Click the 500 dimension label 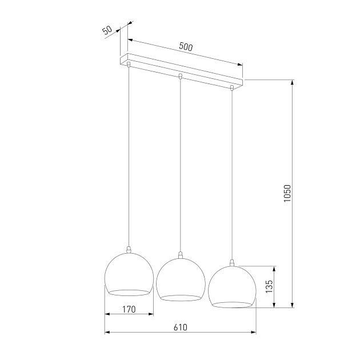(186, 47)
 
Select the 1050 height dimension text (287, 194)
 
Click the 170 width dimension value (129, 310)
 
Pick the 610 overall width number (180, 327)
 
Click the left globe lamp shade (130, 274)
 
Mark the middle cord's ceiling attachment (181, 76)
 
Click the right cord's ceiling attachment (231, 88)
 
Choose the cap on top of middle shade (181, 255)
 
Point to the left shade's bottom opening (130, 293)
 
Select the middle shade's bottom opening (181, 298)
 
